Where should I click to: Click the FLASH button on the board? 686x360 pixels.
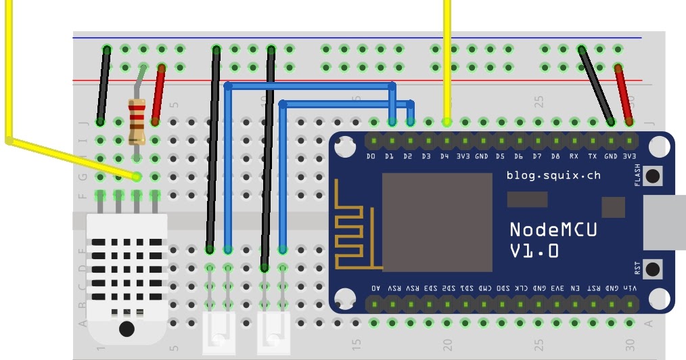tap(654, 177)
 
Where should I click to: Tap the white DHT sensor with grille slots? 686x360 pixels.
tap(127, 271)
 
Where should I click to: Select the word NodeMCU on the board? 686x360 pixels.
tap(553, 229)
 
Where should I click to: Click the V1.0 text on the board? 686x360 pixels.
tap(534, 251)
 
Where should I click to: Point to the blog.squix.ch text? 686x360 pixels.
tap(553, 175)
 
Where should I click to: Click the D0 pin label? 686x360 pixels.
tap(371, 156)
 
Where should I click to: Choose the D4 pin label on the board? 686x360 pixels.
tap(444, 156)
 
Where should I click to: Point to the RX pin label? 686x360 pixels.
tap(574, 156)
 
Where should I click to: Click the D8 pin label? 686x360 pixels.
tap(555, 156)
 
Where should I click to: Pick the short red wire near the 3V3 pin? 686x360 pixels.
tap(623, 95)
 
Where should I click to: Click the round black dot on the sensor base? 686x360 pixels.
tap(127, 330)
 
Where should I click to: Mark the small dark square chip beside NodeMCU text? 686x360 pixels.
tap(614, 207)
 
